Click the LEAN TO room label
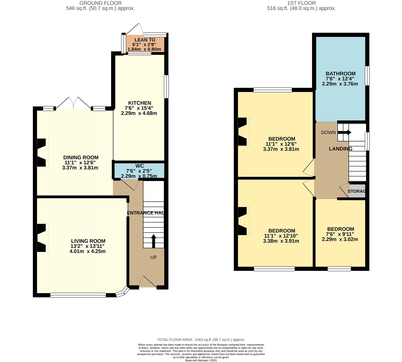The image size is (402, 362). [145, 40]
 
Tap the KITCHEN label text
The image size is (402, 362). [139, 103]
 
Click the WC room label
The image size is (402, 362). [139, 166]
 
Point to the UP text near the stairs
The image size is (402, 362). [154, 257]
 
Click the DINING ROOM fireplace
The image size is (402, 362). [42, 152]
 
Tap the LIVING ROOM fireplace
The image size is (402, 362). [42, 237]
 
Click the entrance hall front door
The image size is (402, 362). [148, 282]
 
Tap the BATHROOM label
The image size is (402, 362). [340, 74]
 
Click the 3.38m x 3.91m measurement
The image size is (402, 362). [281, 241]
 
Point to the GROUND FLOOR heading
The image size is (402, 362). [100, 3]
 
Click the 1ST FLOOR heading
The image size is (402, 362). [301, 3]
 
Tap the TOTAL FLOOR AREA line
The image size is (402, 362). [201, 340]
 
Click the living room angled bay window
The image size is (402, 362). [123, 292]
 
